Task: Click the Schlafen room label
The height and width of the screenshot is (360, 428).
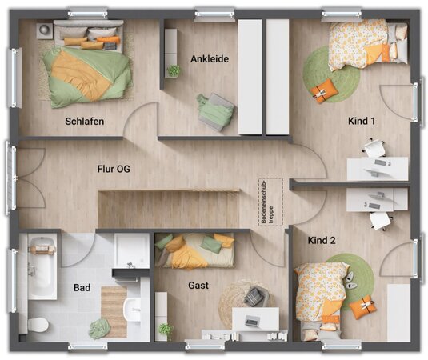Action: pos(84,121)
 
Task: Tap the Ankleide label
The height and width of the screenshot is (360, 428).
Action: pos(210,58)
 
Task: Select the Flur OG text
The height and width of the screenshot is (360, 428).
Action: pos(114,169)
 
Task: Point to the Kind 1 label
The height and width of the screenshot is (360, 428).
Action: pos(362,121)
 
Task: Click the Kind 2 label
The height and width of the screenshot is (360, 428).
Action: pos(322,240)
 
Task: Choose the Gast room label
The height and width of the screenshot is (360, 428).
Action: pos(198,286)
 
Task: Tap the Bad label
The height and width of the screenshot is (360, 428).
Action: pos(82,288)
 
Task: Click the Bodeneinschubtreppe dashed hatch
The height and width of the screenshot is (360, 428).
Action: pos(270,202)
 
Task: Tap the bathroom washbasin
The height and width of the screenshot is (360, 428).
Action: pos(133,310)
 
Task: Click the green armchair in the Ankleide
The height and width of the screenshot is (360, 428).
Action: pos(215,112)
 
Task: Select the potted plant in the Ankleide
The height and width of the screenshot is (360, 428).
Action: pos(174,70)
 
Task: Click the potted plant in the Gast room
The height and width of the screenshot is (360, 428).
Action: pos(166,329)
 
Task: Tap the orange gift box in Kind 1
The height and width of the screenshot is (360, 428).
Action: pos(324,91)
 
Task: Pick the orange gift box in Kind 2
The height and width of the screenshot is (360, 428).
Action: pos(363,306)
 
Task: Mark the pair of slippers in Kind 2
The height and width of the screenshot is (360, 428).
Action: pos(350,281)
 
